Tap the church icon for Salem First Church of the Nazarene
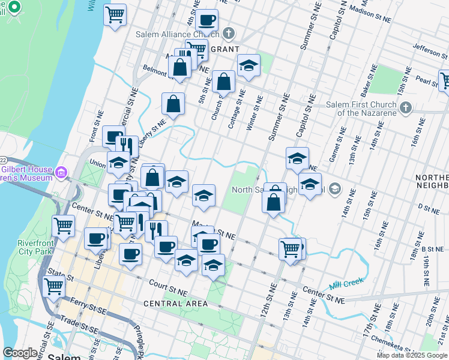pos(406,108)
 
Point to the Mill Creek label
pos(343,286)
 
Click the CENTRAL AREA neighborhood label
pos(175,304)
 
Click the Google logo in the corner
pos(20,353)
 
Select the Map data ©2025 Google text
pos(411,355)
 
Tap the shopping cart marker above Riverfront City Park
pos(63,226)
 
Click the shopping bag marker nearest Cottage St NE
pos(223,81)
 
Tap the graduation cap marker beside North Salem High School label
pos(310,184)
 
